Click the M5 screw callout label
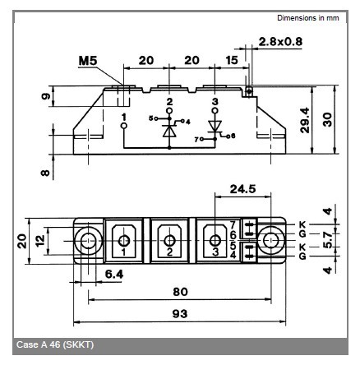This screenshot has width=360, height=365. [88, 61]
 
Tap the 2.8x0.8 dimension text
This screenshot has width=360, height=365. [280, 42]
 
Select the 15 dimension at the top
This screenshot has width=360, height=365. [232, 60]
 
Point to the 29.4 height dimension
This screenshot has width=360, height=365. [305, 120]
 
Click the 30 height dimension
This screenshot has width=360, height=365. [327, 120]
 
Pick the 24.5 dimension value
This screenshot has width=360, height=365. [242, 189]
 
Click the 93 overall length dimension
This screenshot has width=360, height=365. [180, 313]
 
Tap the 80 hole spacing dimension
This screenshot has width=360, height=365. [180, 292]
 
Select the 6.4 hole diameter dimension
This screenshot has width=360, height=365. [114, 274]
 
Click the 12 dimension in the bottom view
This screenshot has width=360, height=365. [40, 241]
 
